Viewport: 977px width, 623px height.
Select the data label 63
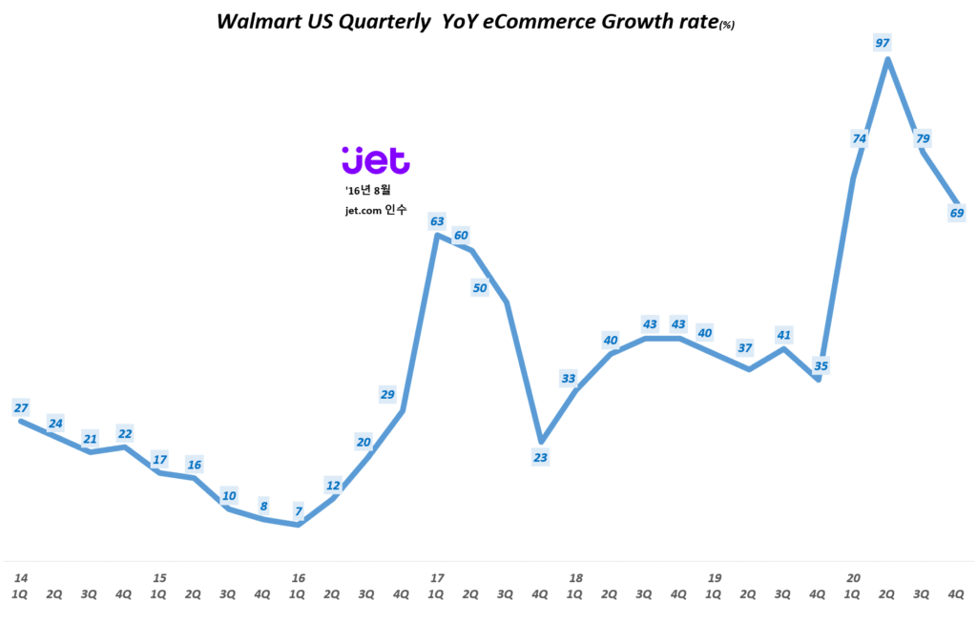pyautogui.click(x=437, y=221)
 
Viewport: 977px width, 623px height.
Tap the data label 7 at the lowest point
pyautogui.click(x=298, y=510)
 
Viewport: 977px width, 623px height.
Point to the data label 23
pyautogui.click(x=540, y=457)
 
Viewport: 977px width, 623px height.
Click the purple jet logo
pyautogui.click(x=375, y=160)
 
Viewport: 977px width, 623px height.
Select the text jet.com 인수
pyautogui.click(x=375, y=210)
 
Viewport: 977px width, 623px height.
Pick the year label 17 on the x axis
pyautogui.click(x=437, y=577)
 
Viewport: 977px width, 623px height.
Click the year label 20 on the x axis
pyautogui.click(x=853, y=577)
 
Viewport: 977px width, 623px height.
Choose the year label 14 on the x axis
pyautogui.click(x=21, y=577)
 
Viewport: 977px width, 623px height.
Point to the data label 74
pyautogui.click(x=859, y=138)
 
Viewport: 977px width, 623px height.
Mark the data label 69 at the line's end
pyautogui.click(x=957, y=213)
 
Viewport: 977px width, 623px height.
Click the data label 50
pyautogui.click(x=480, y=288)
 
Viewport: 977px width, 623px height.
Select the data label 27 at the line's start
pyautogui.click(x=21, y=407)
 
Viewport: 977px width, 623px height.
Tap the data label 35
pyautogui.click(x=821, y=364)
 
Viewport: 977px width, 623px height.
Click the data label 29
pyautogui.click(x=387, y=394)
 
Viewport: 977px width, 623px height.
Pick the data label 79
pyautogui.click(x=923, y=138)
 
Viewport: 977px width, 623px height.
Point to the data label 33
pyautogui.click(x=569, y=379)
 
